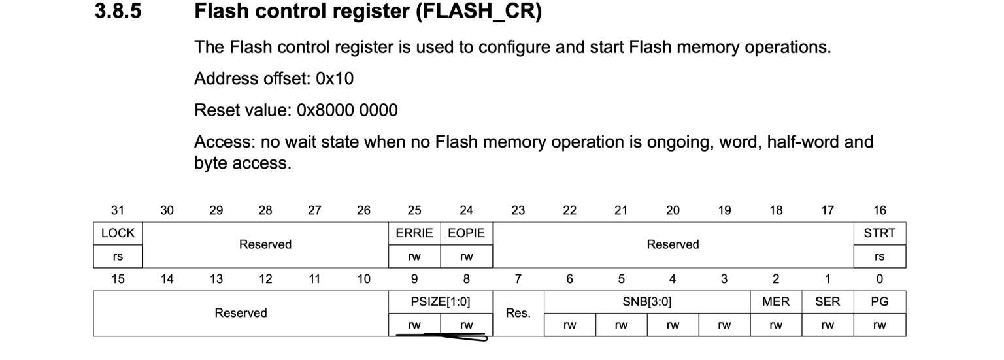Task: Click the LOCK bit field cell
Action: click(x=118, y=233)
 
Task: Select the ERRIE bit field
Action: click(x=414, y=233)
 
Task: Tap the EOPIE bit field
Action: click(x=466, y=233)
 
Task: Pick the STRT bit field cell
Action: click(x=879, y=233)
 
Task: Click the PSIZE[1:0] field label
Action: click(x=441, y=302)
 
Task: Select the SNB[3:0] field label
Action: click(x=646, y=302)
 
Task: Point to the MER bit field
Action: click(x=776, y=302)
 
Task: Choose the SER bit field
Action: click(x=828, y=302)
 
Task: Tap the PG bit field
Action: click(x=879, y=302)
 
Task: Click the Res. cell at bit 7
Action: click(x=518, y=313)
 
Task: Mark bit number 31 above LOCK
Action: click(x=118, y=210)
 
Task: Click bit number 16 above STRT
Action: click(x=879, y=210)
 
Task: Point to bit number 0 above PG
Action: click(x=879, y=279)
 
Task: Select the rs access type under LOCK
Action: click(x=118, y=257)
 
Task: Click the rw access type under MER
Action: click(x=776, y=325)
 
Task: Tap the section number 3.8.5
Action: click(x=118, y=11)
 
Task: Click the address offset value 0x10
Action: click(x=335, y=79)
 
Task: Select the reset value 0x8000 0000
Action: click(x=347, y=110)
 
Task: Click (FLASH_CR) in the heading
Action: click(x=478, y=12)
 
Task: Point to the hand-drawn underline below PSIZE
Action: click(x=441, y=336)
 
